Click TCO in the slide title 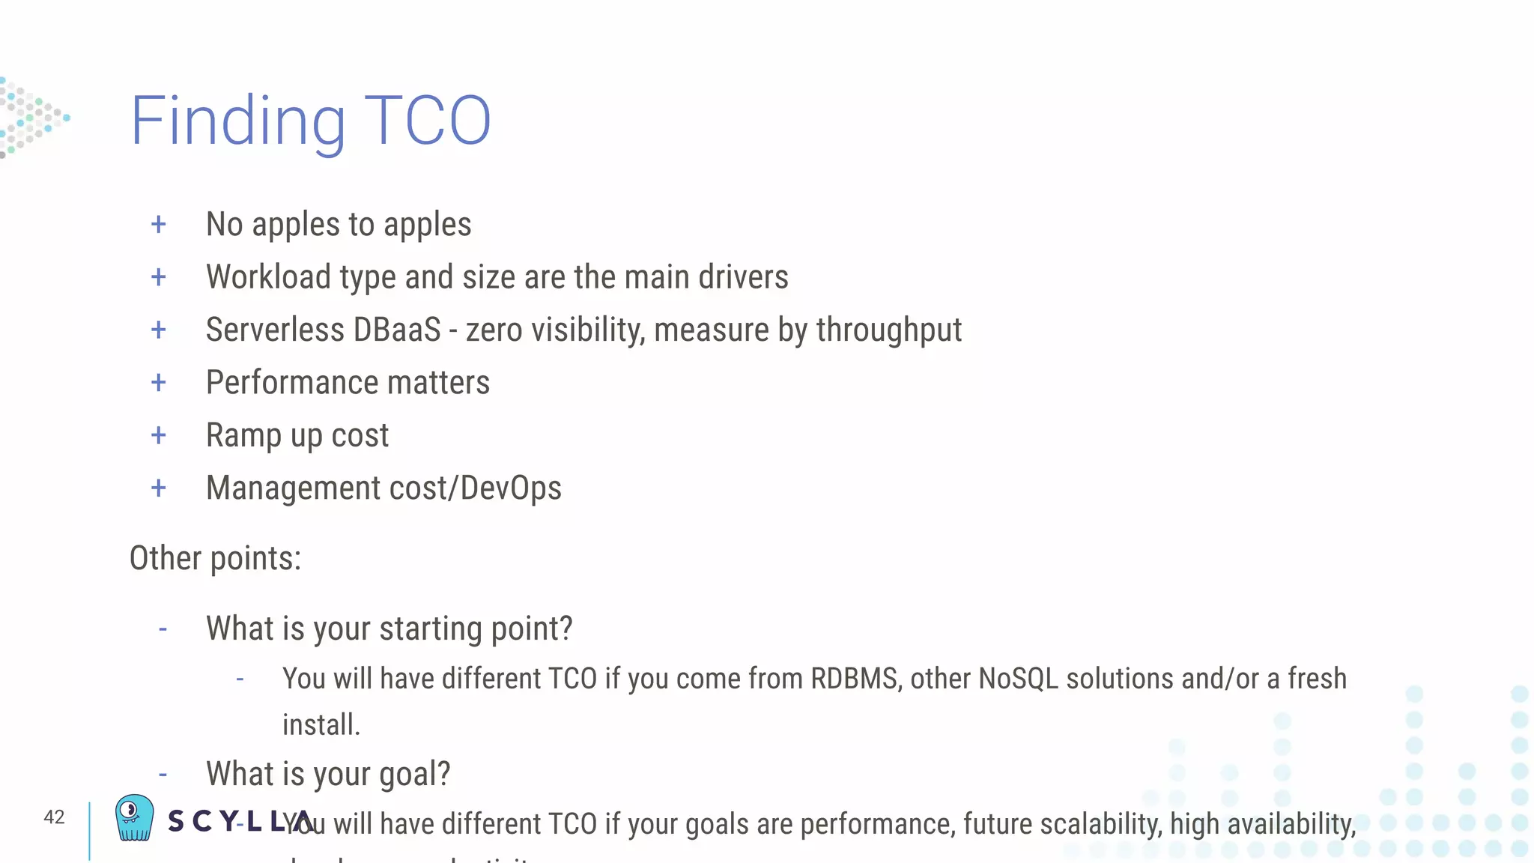tap(428, 121)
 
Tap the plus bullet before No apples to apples tap(158, 224)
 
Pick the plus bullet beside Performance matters tap(158, 383)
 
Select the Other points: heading tap(215, 559)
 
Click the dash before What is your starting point tap(163, 629)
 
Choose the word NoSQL tap(1018, 679)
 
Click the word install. tap(321, 725)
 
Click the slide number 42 tap(54, 817)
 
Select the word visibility tap(587, 330)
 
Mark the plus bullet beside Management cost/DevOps tap(158, 488)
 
